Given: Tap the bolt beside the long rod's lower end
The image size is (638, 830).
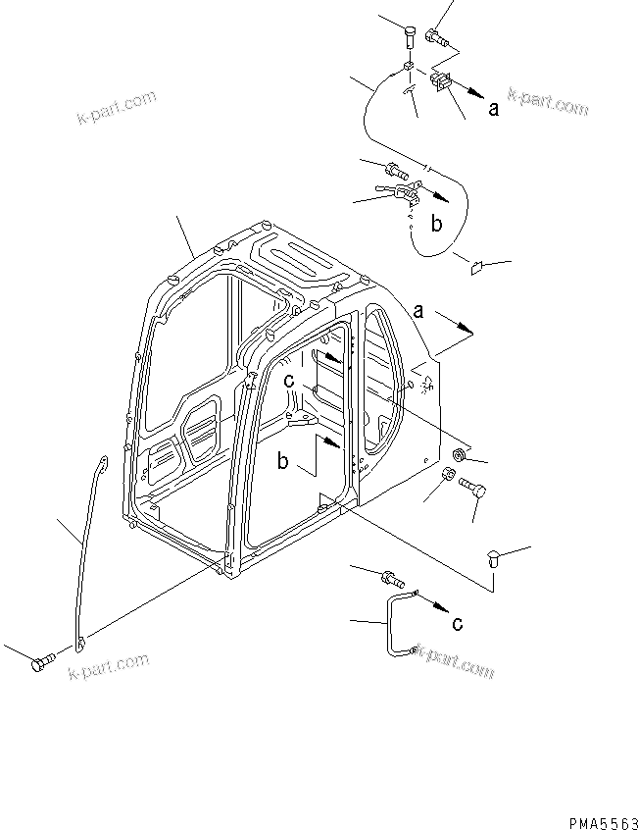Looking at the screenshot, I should pos(42,664).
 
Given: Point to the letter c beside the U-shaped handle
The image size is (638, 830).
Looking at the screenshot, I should pos(456,622).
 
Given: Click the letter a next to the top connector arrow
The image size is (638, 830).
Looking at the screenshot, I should pos(494,109).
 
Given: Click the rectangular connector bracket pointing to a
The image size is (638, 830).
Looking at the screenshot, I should pos(440,84).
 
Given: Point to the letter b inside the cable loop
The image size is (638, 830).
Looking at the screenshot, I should pos(437,224).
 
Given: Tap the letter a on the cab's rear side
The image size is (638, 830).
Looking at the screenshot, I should pos(417,312).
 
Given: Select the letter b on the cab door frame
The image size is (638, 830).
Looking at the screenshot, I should pos(283,462).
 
